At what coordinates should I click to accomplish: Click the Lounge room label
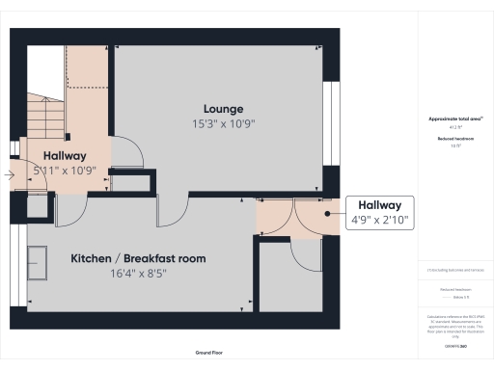223,108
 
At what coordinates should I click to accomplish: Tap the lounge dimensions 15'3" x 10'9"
223,123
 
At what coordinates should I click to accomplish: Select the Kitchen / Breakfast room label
138,258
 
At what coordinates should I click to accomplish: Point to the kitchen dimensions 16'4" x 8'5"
138,274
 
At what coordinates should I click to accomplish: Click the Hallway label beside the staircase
64,155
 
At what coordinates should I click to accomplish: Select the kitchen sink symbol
40,261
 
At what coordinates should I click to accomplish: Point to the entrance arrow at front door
8,175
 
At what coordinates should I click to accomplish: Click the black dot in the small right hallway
328,213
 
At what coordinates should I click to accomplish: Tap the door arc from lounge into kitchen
171,212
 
